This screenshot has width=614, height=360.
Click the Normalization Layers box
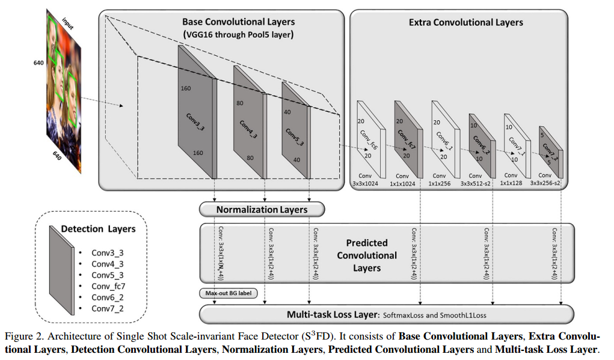point(262,210)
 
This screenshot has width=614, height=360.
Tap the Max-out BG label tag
point(227,293)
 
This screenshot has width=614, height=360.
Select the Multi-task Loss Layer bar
point(385,314)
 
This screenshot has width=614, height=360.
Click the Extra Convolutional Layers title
point(465,22)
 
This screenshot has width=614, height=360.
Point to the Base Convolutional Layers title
point(239,22)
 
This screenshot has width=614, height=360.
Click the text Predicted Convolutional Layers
point(366,255)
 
